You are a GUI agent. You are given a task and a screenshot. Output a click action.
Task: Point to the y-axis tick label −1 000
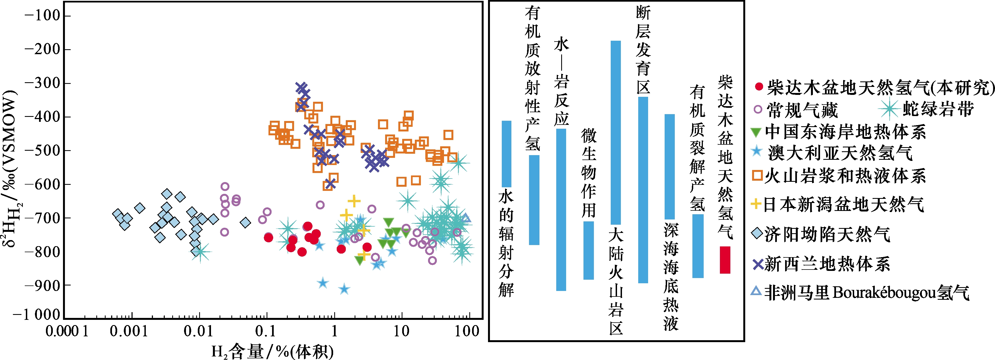coord(37,315)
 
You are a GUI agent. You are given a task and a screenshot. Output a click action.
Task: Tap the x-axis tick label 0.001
coord(129,331)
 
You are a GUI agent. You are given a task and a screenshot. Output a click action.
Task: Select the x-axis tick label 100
coord(467,331)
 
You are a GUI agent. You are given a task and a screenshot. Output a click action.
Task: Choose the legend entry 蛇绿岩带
coord(927,109)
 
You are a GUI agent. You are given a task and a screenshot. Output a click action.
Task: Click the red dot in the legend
coord(759,87)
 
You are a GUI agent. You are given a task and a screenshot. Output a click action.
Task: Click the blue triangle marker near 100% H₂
coord(466,219)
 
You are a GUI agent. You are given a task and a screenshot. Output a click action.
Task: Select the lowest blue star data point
coord(344,289)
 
